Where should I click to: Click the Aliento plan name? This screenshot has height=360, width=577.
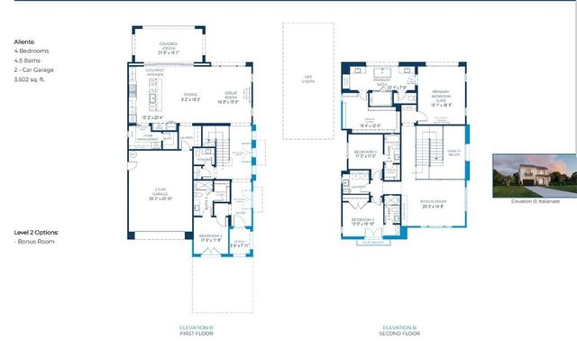(x=23, y=42)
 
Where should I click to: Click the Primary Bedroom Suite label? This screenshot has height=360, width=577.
(x=440, y=97)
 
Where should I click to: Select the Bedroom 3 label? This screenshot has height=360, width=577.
(x=364, y=152)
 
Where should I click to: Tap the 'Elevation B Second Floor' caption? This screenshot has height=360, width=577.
(x=399, y=329)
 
